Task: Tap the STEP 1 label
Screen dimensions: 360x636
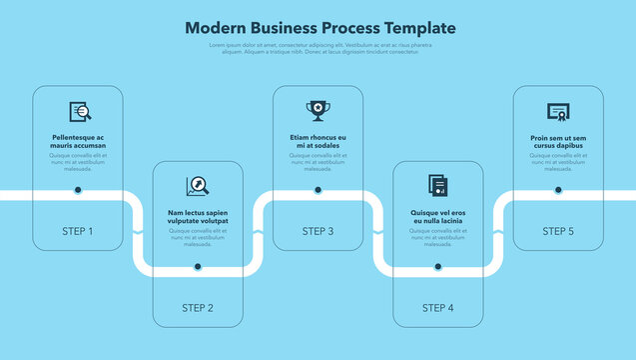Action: (78, 231)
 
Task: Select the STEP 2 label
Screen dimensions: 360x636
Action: (198, 308)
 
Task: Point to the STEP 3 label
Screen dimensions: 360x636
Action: (318, 231)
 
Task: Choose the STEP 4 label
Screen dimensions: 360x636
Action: (437, 308)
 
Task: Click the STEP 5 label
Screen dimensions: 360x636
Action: (558, 231)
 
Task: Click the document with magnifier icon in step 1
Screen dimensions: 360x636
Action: (79, 111)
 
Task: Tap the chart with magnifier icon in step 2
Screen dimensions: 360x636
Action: (197, 186)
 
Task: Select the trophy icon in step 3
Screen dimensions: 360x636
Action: (318, 110)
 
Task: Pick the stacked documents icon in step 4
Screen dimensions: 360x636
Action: (437, 186)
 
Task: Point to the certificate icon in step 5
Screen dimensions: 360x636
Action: (558, 111)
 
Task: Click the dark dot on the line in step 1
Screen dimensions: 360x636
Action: (78, 189)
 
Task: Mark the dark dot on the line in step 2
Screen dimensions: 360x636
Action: (198, 266)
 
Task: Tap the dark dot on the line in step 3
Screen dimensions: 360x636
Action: (318, 189)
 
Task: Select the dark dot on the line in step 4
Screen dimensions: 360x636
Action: (437, 266)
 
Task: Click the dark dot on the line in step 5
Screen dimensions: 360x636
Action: (558, 189)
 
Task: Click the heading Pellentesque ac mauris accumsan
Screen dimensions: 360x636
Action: (78, 141)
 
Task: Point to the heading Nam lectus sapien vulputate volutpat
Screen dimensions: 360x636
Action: (198, 217)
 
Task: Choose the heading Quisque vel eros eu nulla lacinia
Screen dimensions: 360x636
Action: (437, 217)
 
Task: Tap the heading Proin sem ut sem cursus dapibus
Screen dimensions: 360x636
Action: (558, 141)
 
